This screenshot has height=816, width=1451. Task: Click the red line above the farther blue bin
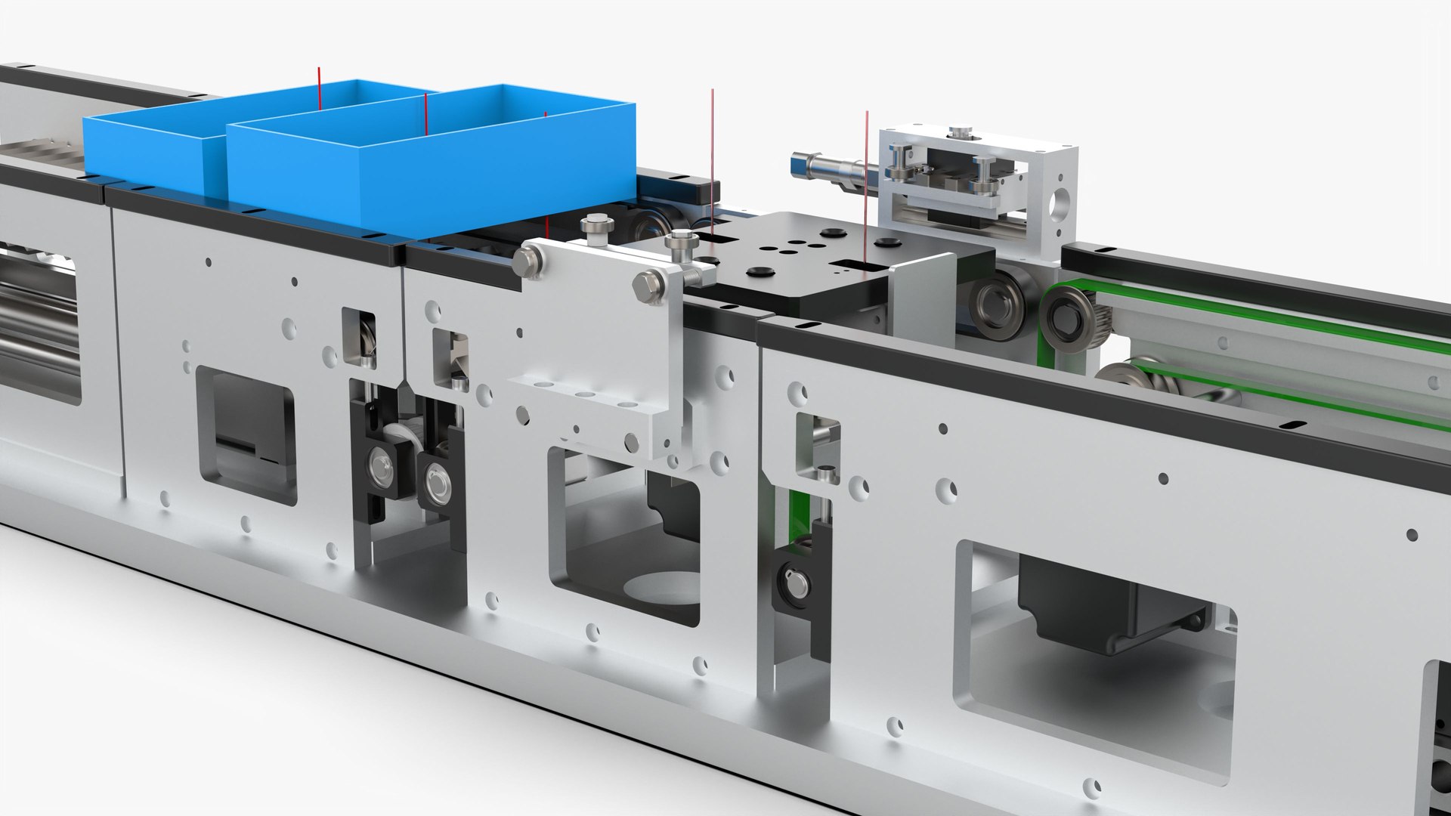[x=319, y=87]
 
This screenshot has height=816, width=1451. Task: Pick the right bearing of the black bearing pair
[x=437, y=481]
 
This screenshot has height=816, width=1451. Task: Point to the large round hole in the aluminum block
[x=1061, y=200]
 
